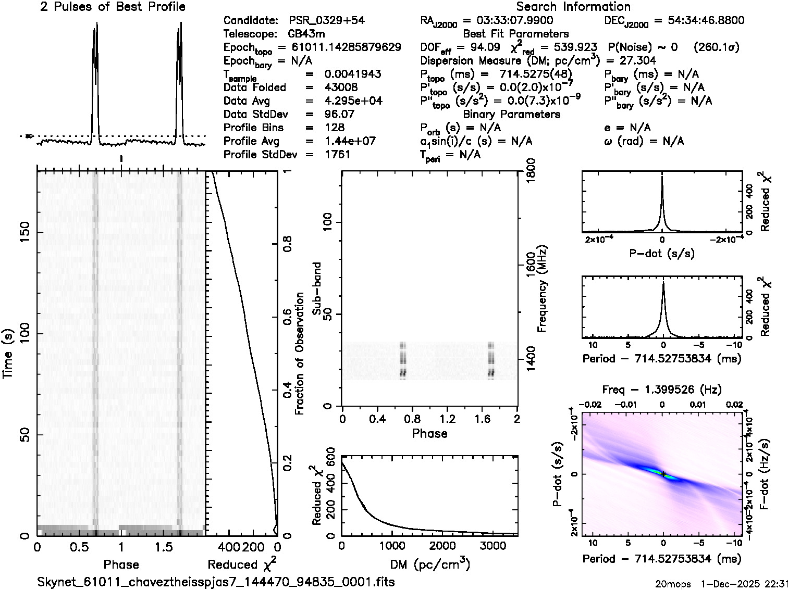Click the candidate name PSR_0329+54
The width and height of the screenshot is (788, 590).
click(x=327, y=21)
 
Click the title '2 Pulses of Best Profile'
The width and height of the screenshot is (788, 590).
click(x=113, y=7)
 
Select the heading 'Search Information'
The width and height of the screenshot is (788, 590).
click(x=573, y=7)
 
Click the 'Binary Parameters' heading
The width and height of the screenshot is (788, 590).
click(x=511, y=115)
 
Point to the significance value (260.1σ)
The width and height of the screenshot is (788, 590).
click(x=717, y=47)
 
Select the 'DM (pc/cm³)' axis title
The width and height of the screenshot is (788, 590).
click(x=429, y=564)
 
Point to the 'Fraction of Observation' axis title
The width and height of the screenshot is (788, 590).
click(x=300, y=354)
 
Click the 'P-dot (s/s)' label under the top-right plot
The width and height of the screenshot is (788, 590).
click(x=662, y=254)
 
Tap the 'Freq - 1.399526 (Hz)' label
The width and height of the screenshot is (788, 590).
click(x=662, y=390)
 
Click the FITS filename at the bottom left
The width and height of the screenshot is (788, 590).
click(x=216, y=582)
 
